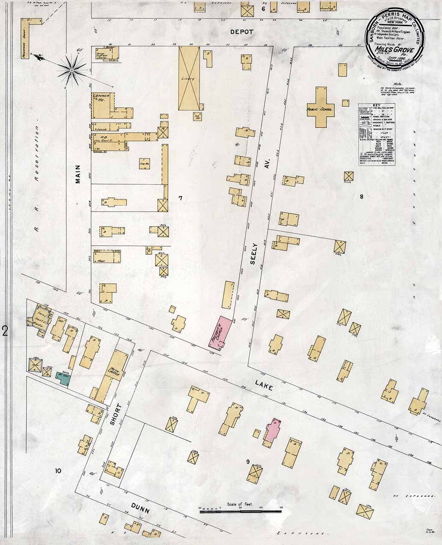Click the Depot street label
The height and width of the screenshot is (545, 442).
(242, 32)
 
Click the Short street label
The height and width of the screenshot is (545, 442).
(113, 414)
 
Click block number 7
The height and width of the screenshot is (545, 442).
(180, 198)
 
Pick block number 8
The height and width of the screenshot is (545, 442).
(361, 197)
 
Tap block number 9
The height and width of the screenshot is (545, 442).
(248, 461)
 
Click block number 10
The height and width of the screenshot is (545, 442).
(58, 471)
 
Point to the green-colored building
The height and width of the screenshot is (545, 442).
(65, 377)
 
